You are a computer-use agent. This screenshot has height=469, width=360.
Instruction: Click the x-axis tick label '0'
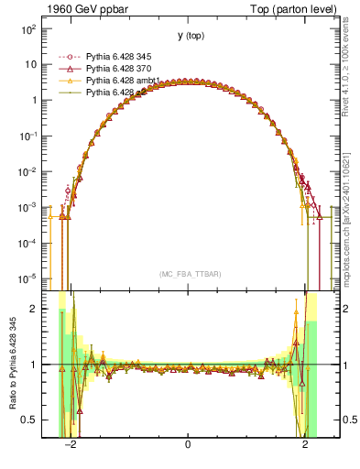coord(187,446)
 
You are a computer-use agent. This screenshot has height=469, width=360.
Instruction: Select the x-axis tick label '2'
coord(305,446)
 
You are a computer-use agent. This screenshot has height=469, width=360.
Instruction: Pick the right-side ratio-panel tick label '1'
coord(336,365)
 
